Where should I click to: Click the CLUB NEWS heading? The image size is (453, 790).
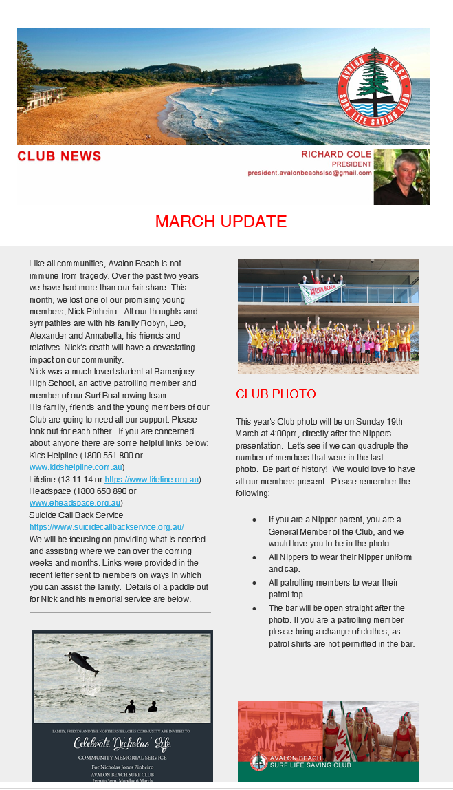59,156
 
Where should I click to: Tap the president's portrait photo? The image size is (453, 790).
401,177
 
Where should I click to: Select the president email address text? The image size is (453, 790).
310,173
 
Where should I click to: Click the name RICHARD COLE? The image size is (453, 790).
336,154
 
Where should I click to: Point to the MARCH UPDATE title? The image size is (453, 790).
221,222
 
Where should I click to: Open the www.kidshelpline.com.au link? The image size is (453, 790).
76,468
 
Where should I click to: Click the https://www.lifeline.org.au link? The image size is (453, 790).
152,480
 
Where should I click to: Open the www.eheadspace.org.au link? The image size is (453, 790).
75,503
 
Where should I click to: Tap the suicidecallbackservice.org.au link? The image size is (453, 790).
107,527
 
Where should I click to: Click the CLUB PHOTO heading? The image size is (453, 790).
276,394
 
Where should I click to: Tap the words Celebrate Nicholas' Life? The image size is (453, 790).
122,744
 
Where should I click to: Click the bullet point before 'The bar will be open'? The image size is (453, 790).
254,609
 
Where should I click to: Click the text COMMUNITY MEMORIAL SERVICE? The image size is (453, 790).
122,757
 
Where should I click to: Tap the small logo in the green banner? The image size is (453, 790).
258,762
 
